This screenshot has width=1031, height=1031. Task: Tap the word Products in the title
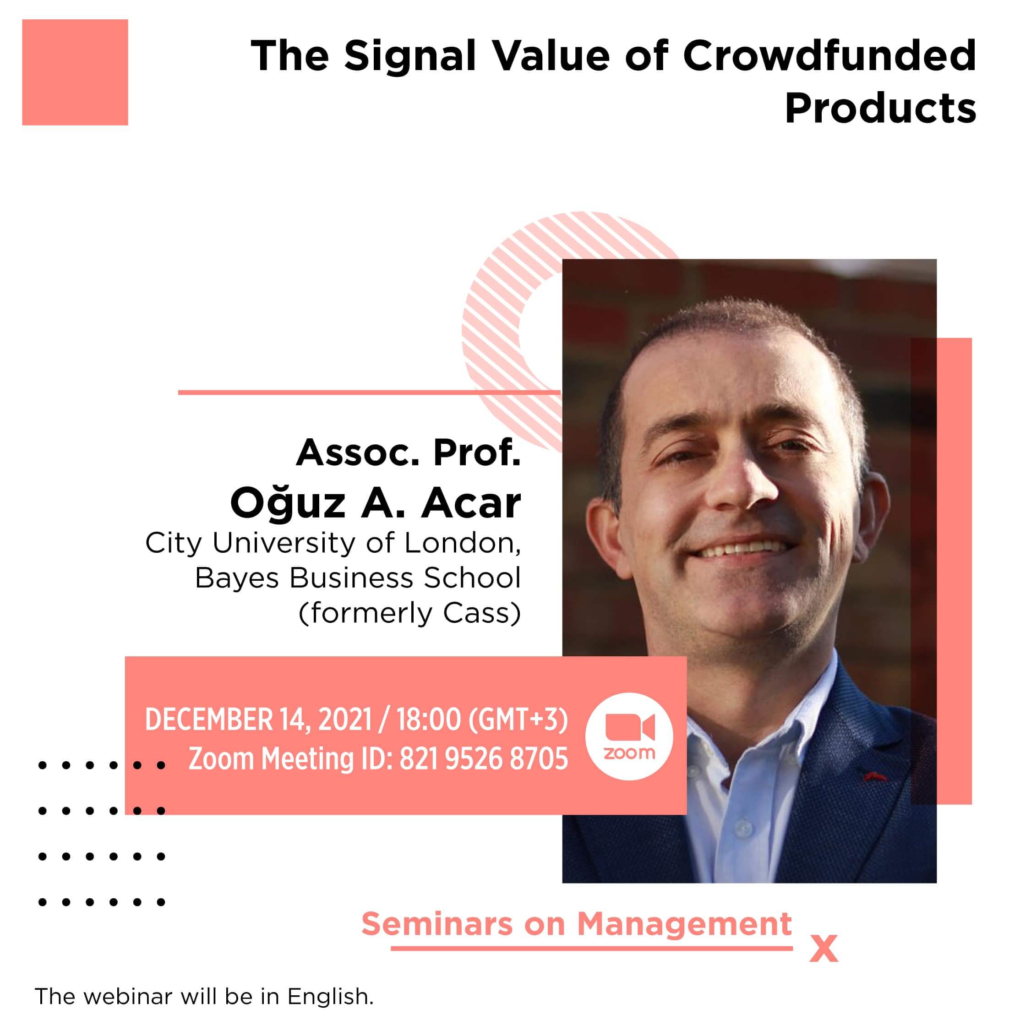tap(880, 109)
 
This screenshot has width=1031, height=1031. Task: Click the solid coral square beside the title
tap(75, 72)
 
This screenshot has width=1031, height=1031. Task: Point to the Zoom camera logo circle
tap(629, 736)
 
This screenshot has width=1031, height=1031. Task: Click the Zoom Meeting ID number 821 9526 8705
tap(484, 759)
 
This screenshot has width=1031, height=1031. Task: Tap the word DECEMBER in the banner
tap(209, 720)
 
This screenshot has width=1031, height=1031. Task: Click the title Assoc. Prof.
tap(408, 453)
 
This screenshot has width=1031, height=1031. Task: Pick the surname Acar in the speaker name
tap(471, 503)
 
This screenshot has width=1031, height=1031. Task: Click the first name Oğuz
tap(288, 503)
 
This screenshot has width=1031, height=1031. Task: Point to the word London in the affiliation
tap(462, 543)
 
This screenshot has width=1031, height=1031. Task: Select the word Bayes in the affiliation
tap(237, 578)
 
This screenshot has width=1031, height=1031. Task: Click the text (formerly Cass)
tap(409, 613)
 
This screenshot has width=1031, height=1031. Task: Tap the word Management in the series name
tap(685, 924)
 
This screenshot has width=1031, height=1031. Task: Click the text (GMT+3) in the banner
tap(518, 720)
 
